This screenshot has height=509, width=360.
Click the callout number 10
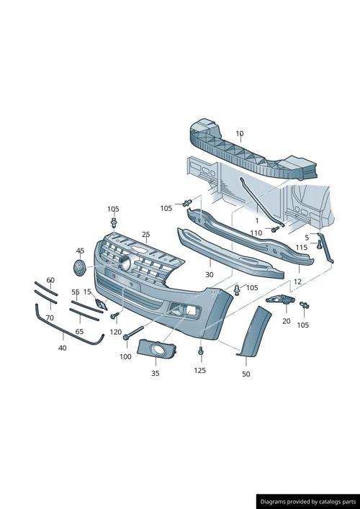(x=240, y=133)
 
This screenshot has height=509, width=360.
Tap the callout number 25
(x=145, y=235)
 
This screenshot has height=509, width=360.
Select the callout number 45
(x=80, y=251)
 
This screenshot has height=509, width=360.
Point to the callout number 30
(x=209, y=274)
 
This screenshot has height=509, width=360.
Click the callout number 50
(x=246, y=374)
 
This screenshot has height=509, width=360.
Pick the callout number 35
(x=156, y=373)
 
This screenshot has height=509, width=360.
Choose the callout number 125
(x=199, y=370)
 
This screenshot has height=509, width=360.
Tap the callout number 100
(x=125, y=356)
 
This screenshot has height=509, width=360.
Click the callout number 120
(x=115, y=332)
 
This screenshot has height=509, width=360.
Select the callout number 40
(x=62, y=348)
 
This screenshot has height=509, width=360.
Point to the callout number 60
(x=50, y=280)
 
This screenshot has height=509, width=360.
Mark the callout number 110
(x=256, y=233)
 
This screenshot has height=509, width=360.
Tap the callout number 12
(x=297, y=281)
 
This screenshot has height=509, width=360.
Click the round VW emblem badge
(x=79, y=269)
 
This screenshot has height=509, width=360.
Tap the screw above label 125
(x=201, y=352)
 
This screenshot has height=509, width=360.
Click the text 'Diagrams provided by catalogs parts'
(x=307, y=501)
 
